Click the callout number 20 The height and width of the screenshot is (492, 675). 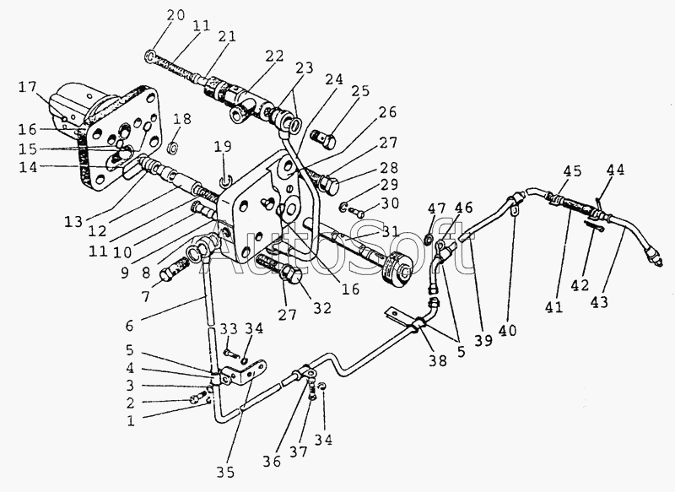coord(175,16)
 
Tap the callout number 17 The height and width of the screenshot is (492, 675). coord(28,88)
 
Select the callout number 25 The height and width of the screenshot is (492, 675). coord(360,91)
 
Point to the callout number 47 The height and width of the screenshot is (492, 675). coord(436,208)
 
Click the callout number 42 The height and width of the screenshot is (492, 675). coord(580,285)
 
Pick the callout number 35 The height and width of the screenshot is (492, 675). coord(225,473)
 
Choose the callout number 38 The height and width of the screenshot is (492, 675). coord(438,360)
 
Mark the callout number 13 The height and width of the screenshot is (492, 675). coord(73,222)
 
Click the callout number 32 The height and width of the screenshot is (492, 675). coord(322,308)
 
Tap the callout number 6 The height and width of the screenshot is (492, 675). coord(130,326)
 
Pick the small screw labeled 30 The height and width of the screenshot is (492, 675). coord(356,212)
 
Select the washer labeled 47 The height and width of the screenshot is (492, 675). coord(429,238)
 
